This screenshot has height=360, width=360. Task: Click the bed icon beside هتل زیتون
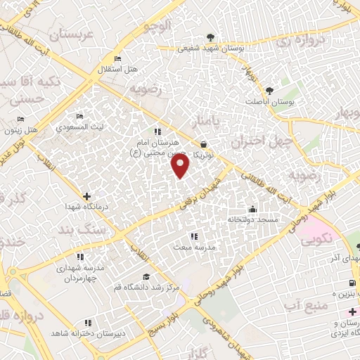click(x=20, y=119)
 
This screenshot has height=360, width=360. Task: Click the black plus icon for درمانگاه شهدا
click(x=86, y=176)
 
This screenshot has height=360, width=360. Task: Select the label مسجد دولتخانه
click(x=252, y=219)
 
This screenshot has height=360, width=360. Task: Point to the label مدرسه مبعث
click(x=193, y=247)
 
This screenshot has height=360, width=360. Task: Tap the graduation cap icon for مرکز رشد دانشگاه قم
click(x=146, y=277)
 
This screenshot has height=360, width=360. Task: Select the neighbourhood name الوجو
click(x=157, y=26)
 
